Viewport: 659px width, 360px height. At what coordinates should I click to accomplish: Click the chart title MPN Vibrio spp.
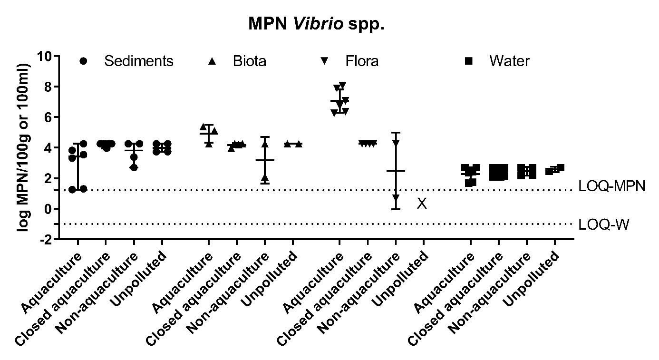[x=316, y=24]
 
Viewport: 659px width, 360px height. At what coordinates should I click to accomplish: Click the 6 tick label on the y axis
[x=49, y=117]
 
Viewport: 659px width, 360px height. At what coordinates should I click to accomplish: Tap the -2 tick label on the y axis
[x=46, y=239]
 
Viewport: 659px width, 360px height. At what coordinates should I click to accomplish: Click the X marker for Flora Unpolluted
[x=422, y=204]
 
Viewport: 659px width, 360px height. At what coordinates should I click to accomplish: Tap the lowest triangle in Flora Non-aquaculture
[x=396, y=197]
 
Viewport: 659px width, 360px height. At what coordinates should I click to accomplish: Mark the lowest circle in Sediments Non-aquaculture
[x=135, y=167]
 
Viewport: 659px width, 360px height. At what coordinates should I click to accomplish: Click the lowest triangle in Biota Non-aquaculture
[x=265, y=178]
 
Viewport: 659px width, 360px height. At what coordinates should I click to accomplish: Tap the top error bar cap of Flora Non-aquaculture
[x=396, y=133]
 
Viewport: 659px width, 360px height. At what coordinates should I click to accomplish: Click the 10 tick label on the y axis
[x=46, y=56]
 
